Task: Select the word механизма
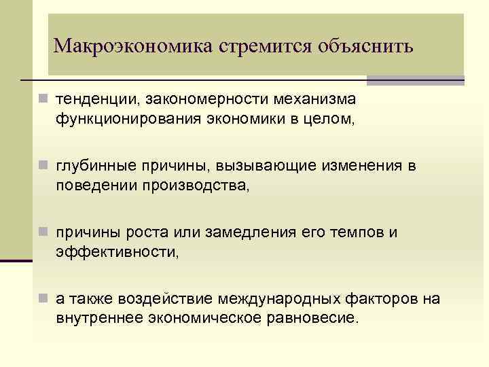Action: (x=314, y=101)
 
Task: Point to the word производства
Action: (x=196, y=186)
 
